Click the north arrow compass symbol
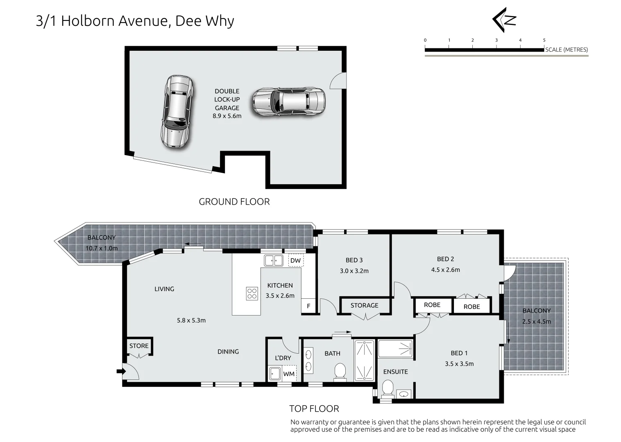click(504, 20)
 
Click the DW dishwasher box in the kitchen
click(295, 261)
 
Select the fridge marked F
click(308, 306)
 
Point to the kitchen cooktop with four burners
click(252, 293)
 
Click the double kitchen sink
click(274, 260)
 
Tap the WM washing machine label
click(289, 374)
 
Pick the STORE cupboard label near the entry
click(139, 346)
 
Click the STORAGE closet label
click(364, 305)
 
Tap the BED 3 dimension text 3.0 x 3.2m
click(354, 271)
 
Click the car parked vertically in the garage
click(177, 111)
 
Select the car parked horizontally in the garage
click(289, 101)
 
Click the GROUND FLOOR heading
click(234, 202)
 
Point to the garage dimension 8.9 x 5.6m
click(227, 116)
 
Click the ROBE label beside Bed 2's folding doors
click(471, 307)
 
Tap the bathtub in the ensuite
click(395, 349)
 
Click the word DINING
click(228, 352)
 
